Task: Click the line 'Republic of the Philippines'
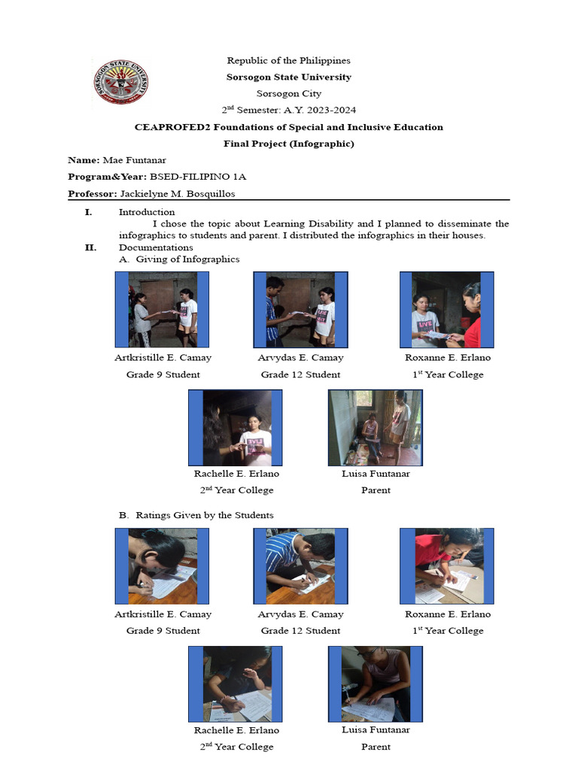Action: [289, 60]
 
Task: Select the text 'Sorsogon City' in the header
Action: [289, 94]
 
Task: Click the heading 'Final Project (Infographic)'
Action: [289, 144]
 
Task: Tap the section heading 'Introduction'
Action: [147, 212]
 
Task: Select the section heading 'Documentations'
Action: [156, 247]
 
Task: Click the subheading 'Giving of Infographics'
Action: [187, 259]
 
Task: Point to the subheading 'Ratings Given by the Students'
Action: [205, 515]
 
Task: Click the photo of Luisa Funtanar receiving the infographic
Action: [376, 428]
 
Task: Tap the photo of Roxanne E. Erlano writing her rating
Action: [447, 566]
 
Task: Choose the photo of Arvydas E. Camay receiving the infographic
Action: [300, 310]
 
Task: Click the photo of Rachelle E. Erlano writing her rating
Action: [236, 684]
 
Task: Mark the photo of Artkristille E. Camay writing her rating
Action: [162, 566]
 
